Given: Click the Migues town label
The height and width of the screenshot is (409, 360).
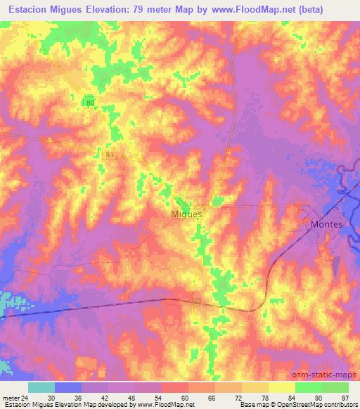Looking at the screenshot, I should click(186, 214).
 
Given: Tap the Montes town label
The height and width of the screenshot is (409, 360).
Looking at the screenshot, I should click(326, 224).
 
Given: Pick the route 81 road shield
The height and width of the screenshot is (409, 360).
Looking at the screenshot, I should click(108, 152).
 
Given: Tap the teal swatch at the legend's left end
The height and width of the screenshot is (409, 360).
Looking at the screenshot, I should click(41, 387).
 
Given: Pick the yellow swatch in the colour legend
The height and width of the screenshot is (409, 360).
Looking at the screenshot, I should click(281, 387).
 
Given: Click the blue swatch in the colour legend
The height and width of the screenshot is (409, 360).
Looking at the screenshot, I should click(67, 387).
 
